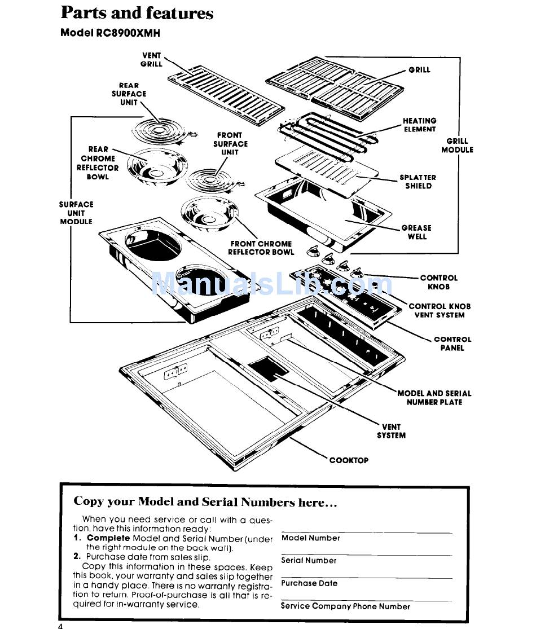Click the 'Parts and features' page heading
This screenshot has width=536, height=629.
137,12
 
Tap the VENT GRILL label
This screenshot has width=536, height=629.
151,60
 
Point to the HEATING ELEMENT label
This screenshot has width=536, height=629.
419,125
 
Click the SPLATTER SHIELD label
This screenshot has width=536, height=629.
418,182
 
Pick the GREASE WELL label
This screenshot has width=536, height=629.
416,232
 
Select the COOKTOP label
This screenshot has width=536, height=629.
349,460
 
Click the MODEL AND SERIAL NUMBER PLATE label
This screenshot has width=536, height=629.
434,398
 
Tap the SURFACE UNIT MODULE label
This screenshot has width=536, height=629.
76,213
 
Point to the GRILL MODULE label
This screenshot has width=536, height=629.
457,146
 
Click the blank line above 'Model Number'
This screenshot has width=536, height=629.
366,533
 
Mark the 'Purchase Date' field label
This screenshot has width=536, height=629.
309,583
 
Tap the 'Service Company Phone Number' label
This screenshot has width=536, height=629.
345,606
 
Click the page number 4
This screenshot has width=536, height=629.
60,624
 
